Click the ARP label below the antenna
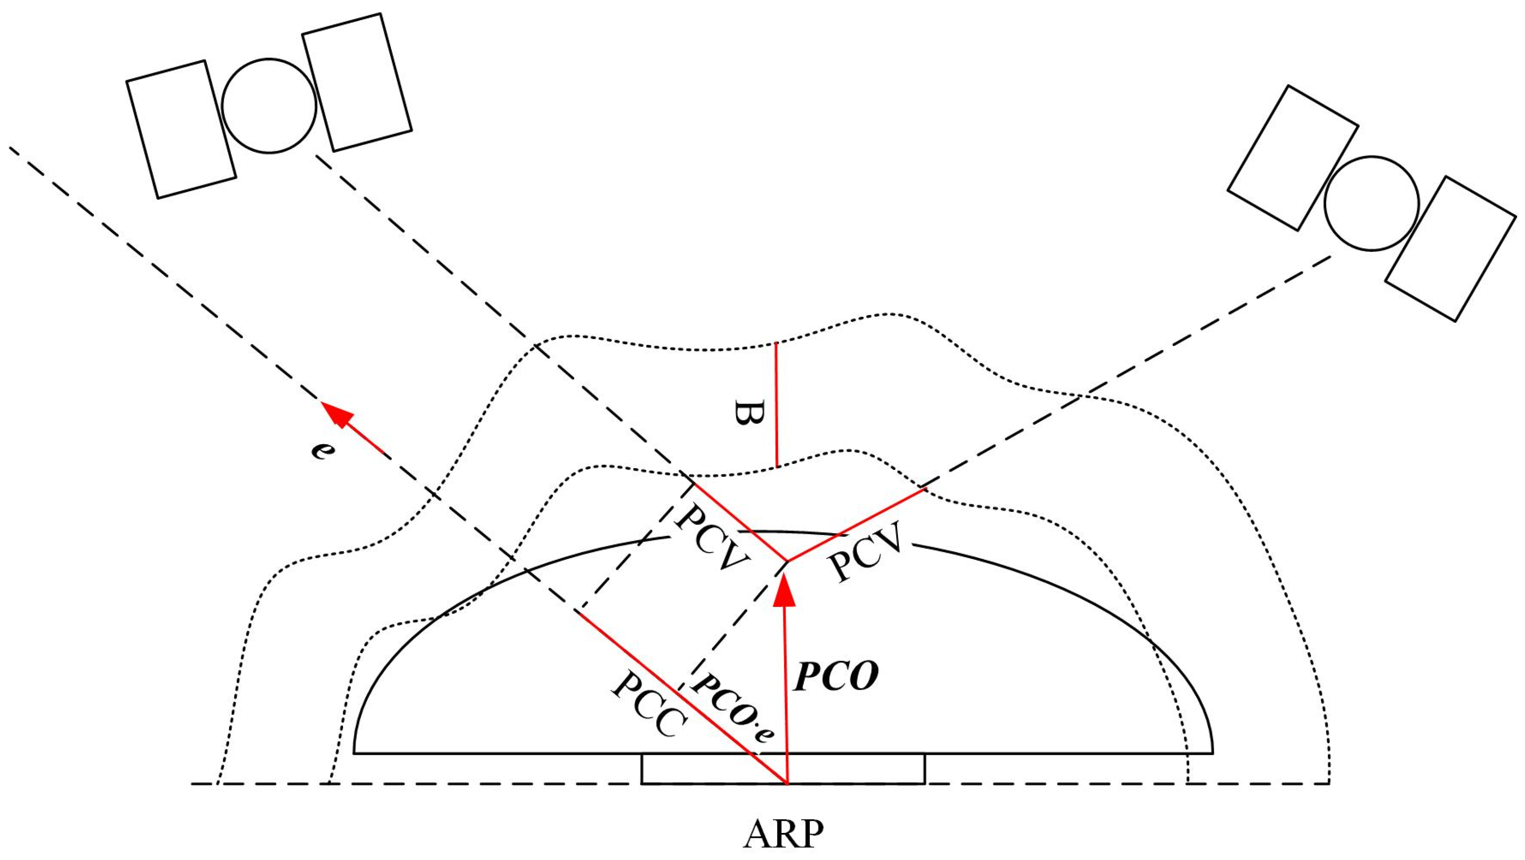click(783, 835)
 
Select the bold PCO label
click(836, 676)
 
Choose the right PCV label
click(866, 553)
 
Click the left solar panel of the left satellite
click(181, 129)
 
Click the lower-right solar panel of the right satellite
click(1450, 249)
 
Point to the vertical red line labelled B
click(776, 405)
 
